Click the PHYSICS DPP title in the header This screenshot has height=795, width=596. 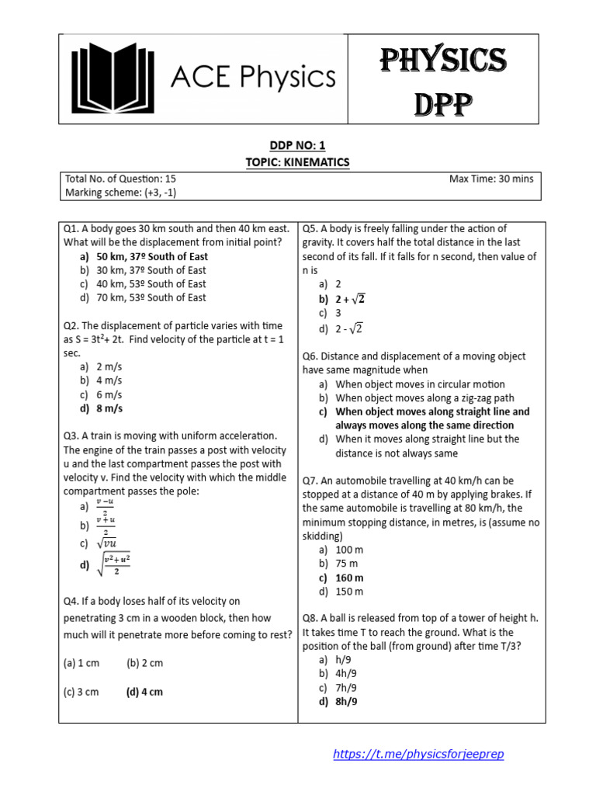tap(443, 79)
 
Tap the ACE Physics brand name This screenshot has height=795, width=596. tap(253, 78)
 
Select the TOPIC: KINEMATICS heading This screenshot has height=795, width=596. tap(298, 161)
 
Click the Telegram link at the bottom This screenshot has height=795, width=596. tap(423, 754)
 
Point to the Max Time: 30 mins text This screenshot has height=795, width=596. tap(491, 179)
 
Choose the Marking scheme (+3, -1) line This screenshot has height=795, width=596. tap(120, 193)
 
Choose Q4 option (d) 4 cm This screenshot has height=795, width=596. tap(144, 692)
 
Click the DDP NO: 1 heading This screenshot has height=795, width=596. tap(298, 145)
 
